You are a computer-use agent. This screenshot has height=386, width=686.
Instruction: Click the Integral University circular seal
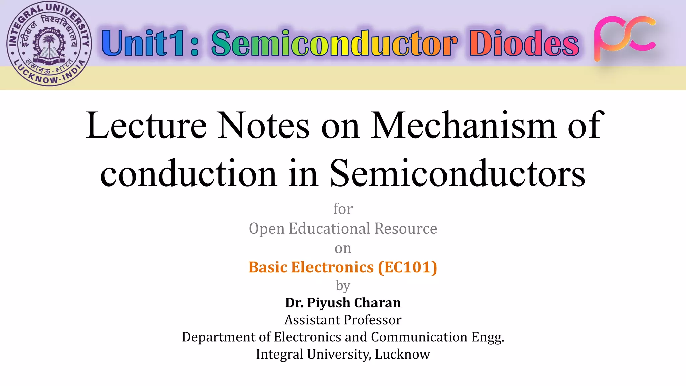coord(49,44)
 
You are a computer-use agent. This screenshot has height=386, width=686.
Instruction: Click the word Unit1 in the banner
coord(142,43)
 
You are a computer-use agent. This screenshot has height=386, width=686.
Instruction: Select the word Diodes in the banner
coord(524,43)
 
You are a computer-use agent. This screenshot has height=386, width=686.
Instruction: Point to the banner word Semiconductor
coord(334,43)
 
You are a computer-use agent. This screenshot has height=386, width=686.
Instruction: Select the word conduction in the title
coord(189,174)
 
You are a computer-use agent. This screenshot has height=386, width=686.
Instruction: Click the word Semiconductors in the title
coord(458,174)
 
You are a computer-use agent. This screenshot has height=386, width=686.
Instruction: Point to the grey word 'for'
coord(343,209)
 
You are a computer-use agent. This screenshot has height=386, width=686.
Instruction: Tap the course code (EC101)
coord(408,267)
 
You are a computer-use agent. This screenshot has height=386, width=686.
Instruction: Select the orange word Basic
coord(268,267)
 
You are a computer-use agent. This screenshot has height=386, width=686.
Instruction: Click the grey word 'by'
coord(343,286)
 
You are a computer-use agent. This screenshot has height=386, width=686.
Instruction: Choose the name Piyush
coord(328,303)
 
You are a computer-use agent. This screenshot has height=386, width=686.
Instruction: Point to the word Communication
coord(419,337)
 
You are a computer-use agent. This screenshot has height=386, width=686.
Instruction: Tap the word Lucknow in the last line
coord(402,354)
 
